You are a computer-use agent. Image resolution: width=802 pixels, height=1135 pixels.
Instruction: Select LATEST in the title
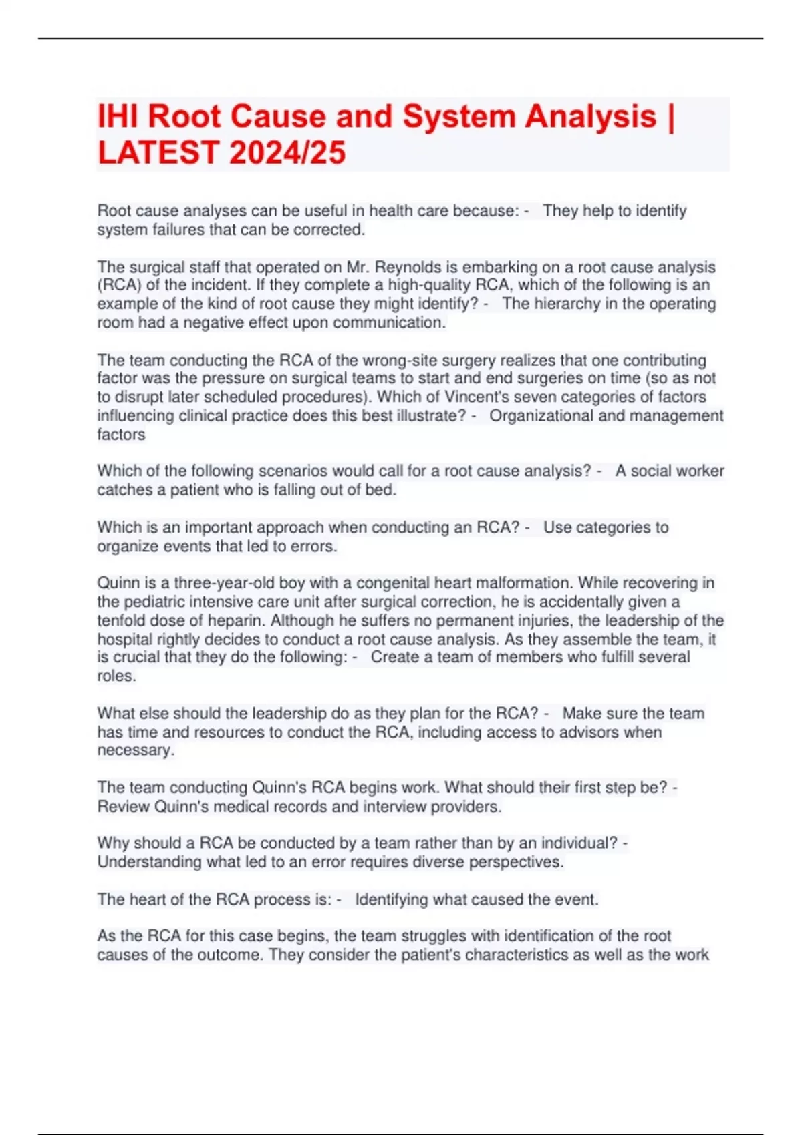(158, 152)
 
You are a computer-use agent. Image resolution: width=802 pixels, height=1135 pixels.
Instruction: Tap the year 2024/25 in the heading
(288, 152)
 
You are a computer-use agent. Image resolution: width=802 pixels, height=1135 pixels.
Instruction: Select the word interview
(394, 807)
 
